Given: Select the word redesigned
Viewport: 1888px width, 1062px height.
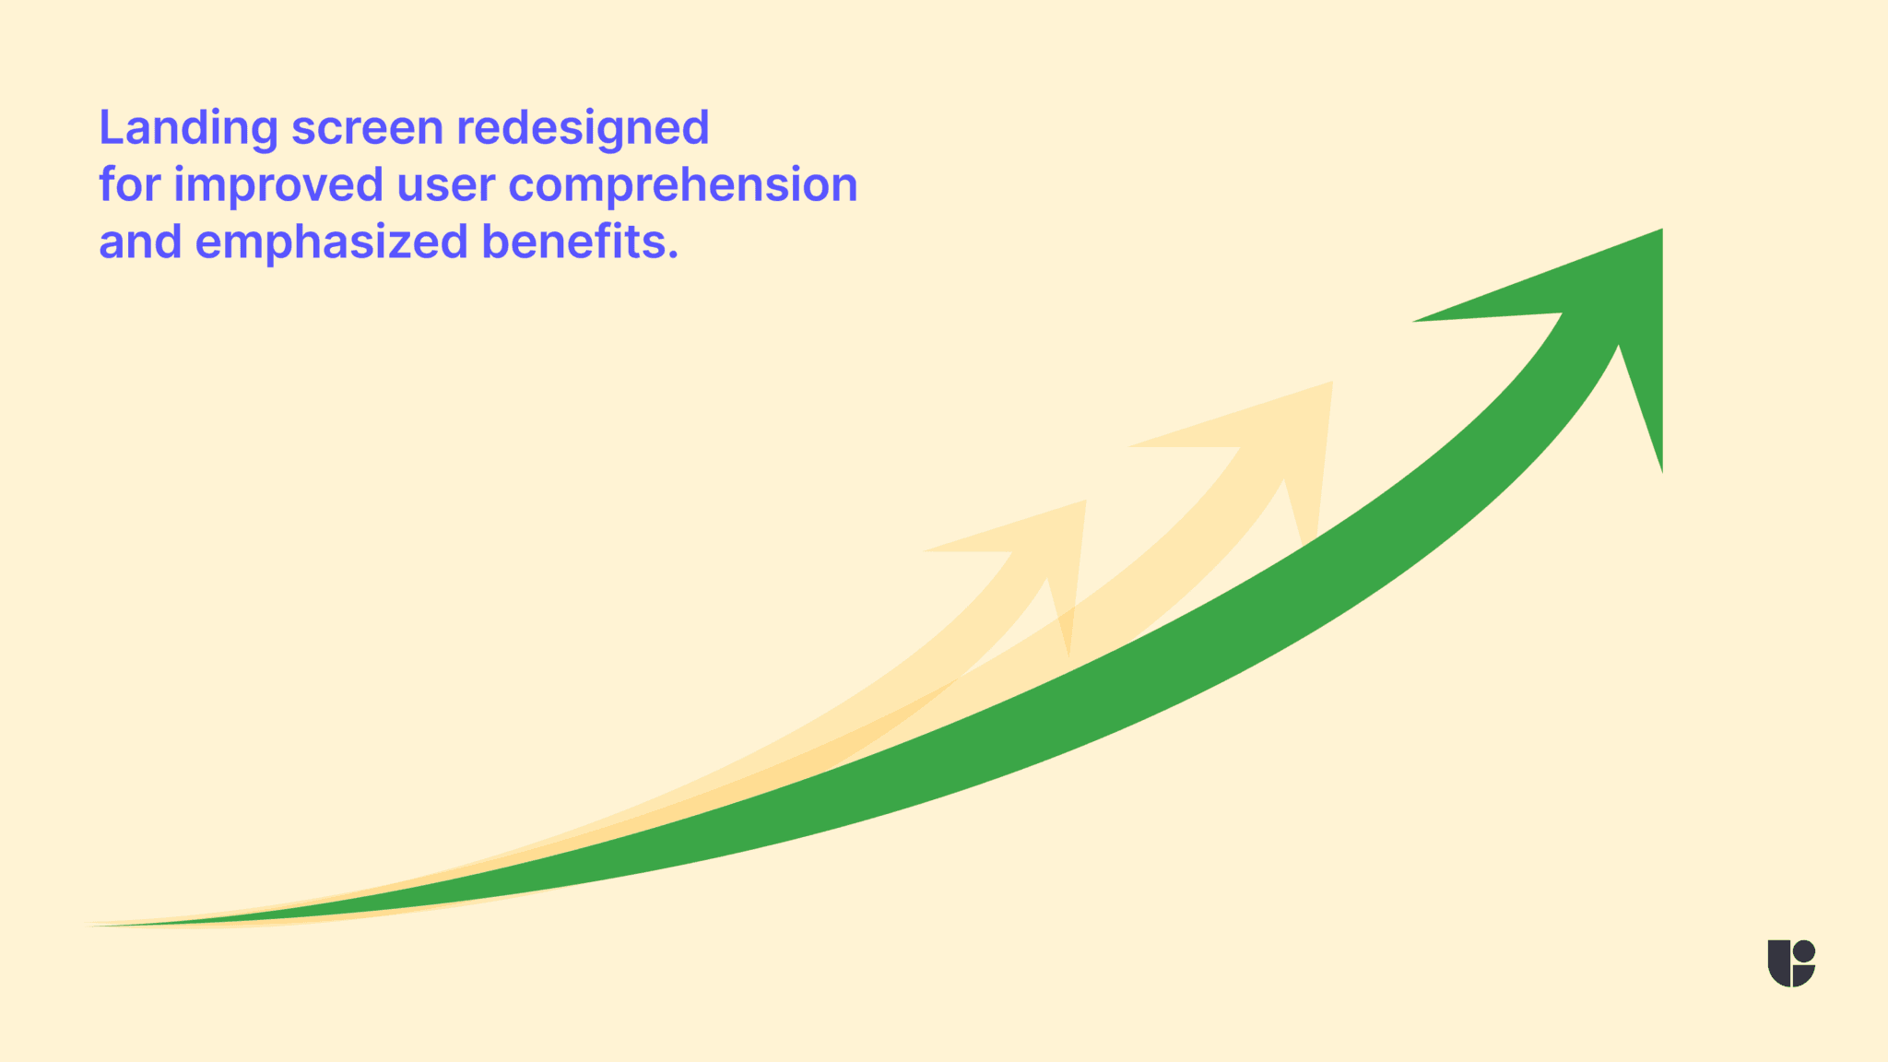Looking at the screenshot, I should [583, 128].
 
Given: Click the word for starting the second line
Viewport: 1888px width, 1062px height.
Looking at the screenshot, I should [128, 184].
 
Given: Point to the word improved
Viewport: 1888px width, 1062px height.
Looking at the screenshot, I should [277, 186].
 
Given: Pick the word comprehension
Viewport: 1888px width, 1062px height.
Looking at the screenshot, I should [682, 186].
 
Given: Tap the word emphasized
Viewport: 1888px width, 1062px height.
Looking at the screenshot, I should [332, 243].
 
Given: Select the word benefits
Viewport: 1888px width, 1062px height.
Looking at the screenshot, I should [572, 242].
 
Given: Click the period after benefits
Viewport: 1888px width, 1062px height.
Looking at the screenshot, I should [673, 255].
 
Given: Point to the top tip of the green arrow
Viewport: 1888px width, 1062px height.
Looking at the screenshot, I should [1661, 230].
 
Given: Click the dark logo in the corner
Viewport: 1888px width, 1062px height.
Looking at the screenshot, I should [1791, 963].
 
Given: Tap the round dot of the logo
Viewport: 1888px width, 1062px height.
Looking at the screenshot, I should [1805, 950].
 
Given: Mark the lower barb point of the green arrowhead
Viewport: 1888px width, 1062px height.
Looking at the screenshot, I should [1661, 470].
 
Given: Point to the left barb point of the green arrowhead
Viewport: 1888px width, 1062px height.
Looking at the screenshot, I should [1416, 321].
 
